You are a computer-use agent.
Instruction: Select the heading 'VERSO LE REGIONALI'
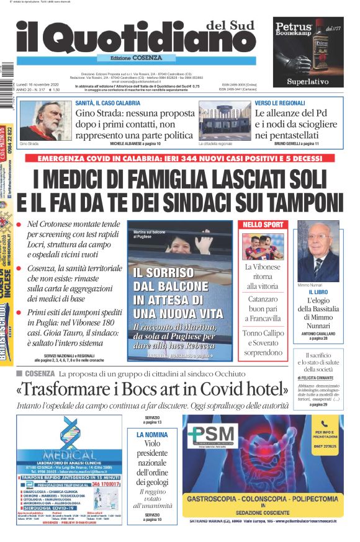coord(280,102)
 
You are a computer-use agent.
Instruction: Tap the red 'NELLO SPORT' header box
coord(263,224)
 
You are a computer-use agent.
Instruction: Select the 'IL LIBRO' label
coord(318,291)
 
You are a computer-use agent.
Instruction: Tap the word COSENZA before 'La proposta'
coord(40,374)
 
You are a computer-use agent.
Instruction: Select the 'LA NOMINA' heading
coord(152,435)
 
